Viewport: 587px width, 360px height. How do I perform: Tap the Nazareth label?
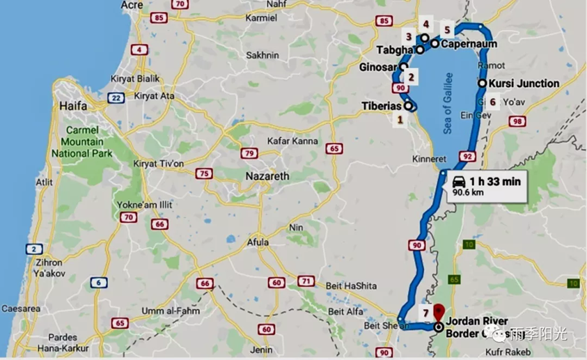pyautogui.click(x=267, y=177)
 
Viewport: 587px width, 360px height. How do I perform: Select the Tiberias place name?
pyautogui.click(x=382, y=106)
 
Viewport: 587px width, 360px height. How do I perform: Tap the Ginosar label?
pyautogui.click(x=376, y=68)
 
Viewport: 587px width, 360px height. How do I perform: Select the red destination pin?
pyautogui.click(x=438, y=311)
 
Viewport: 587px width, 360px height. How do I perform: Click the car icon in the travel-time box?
pyautogui.click(x=460, y=180)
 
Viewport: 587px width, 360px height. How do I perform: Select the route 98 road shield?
pyautogui.click(x=517, y=122)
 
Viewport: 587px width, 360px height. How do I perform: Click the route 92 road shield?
pyautogui.click(x=467, y=156)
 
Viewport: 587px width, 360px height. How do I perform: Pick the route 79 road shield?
pyautogui.click(x=249, y=152)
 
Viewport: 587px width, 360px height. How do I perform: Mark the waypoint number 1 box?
pyautogui.click(x=400, y=120)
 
